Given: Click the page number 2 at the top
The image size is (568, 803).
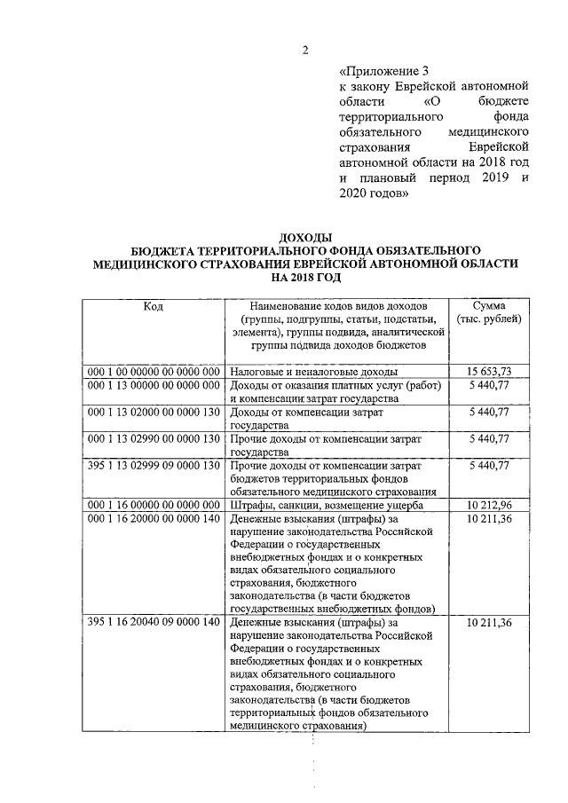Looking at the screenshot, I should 304,50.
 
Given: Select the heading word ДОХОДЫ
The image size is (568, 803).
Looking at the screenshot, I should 305,237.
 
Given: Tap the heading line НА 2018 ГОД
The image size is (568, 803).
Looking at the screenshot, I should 305,277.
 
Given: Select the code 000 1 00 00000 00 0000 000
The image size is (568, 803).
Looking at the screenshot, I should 153,371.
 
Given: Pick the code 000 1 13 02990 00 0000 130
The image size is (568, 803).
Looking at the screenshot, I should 153,439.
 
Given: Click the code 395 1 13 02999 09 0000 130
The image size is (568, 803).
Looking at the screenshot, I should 153,466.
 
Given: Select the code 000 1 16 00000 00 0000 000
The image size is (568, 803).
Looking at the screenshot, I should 153,506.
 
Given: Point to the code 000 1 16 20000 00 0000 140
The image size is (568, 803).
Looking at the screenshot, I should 153,519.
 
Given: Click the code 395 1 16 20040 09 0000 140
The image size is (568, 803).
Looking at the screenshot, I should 153,623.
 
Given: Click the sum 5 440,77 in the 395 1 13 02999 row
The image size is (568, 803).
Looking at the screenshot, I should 490,466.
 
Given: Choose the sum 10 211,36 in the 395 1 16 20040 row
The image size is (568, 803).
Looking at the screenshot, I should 490,623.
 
